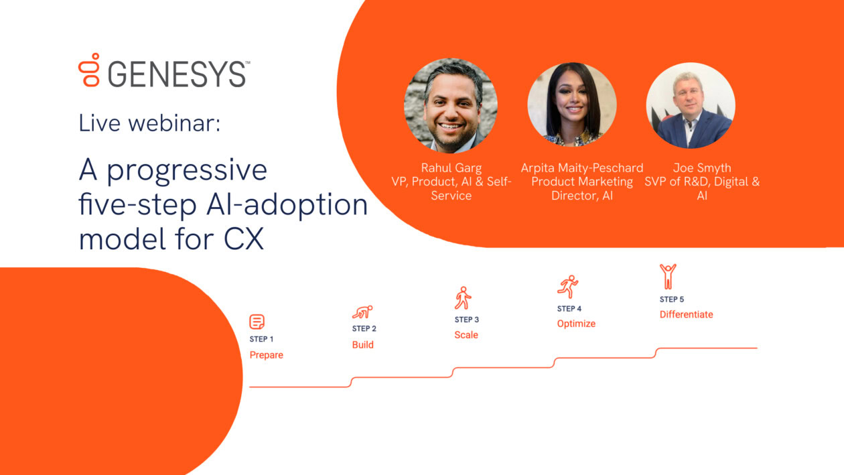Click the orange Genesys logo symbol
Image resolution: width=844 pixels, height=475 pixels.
(89, 70)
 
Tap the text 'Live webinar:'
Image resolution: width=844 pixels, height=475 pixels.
(149, 123)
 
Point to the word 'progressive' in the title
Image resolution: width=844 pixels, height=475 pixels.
(187, 170)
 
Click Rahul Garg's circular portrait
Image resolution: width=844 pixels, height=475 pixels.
(451, 106)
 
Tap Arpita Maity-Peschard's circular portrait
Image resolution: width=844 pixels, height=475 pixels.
(572, 105)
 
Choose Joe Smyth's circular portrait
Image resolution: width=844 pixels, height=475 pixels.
(691, 106)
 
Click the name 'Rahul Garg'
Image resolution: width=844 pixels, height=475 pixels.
(451, 167)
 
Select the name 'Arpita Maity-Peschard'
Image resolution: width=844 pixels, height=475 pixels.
(582, 167)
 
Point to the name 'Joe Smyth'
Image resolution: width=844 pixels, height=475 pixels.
(702, 167)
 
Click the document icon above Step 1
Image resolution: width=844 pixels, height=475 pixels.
(257, 322)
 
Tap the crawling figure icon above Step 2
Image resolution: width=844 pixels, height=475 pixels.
(362, 312)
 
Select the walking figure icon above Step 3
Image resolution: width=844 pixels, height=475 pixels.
(463, 298)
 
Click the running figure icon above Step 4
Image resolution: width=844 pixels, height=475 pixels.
(567, 286)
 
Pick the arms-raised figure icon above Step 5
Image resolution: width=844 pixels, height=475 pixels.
(668, 276)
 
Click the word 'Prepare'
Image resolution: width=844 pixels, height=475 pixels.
(267, 355)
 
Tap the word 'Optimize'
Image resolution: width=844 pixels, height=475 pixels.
(576, 324)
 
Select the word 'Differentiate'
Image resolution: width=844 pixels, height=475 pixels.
(686, 314)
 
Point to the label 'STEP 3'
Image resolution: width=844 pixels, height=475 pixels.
(467, 320)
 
